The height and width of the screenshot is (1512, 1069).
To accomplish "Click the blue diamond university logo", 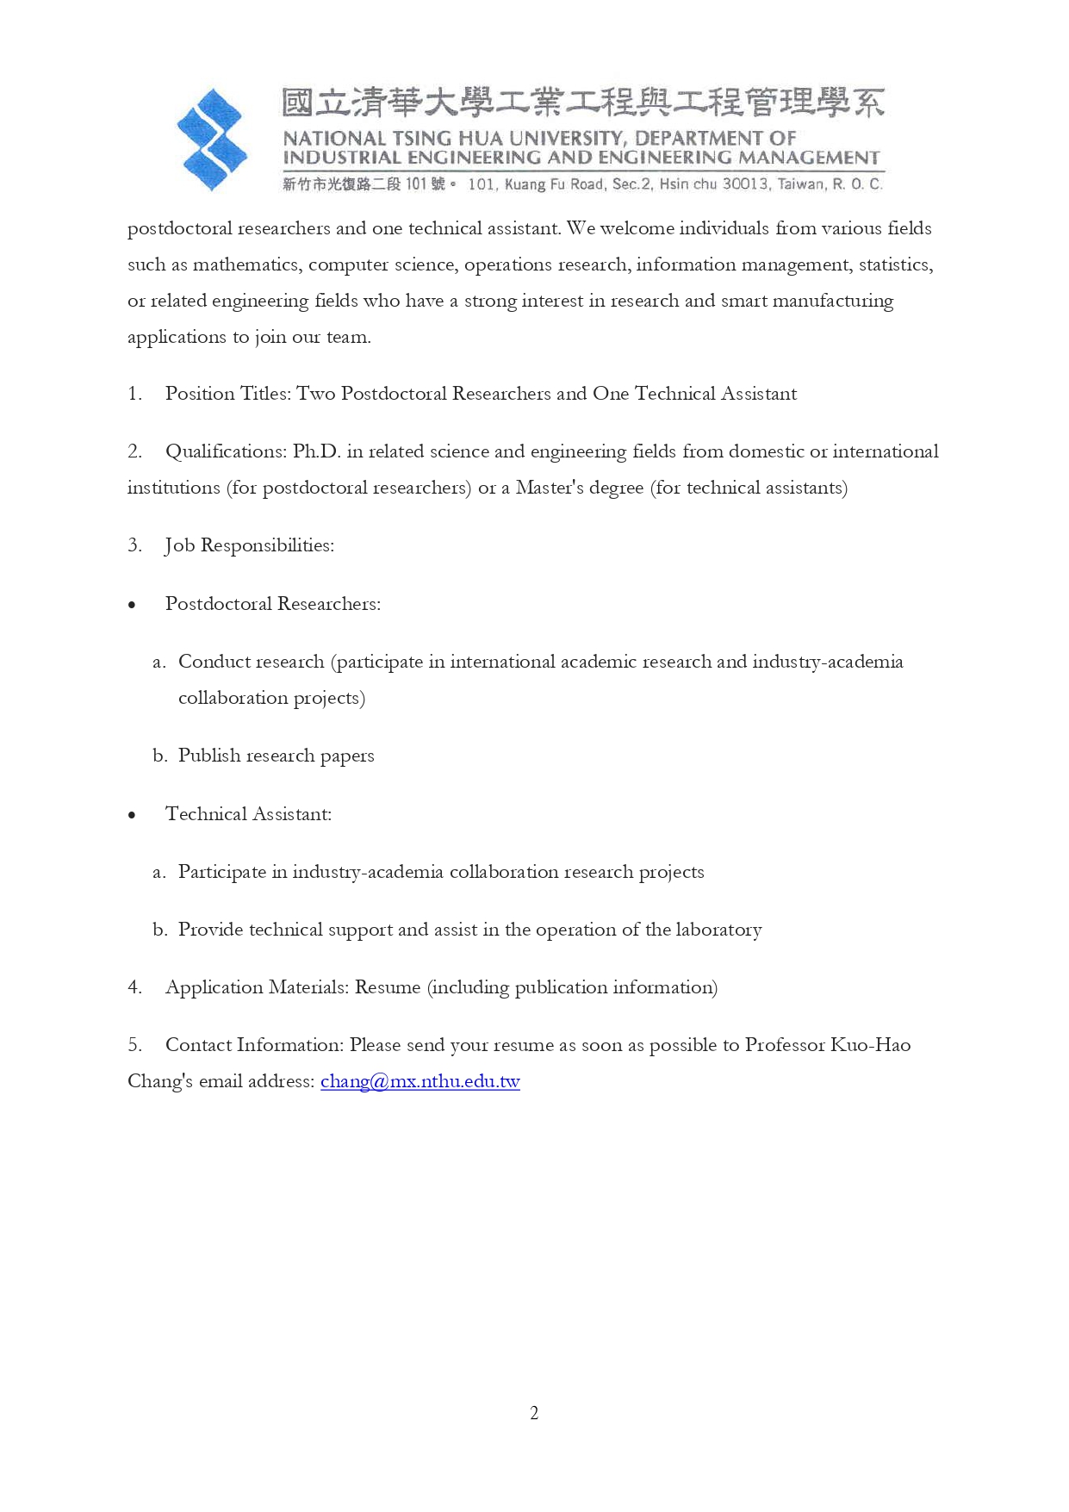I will (x=212, y=140).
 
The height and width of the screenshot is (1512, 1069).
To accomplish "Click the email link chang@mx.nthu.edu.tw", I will (x=420, y=1081).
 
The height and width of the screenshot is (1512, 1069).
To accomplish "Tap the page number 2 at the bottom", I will (x=534, y=1413).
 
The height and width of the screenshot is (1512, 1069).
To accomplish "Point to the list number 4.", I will (x=134, y=987).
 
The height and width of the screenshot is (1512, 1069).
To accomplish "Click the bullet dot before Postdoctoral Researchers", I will (x=132, y=605).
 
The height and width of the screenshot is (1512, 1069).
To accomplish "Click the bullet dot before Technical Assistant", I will (x=132, y=815).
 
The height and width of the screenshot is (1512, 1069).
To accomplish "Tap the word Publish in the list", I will (x=209, y=756).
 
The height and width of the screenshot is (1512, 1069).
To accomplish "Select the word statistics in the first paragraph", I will (x=895, y=264).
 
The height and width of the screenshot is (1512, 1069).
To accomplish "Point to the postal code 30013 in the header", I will (x=745, y=184).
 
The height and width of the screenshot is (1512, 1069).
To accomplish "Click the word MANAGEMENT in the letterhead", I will (x=809, y=158).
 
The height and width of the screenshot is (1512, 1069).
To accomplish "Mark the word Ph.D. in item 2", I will (x=317, y=451).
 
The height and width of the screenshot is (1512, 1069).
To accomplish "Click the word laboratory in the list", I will (x=718, y=930).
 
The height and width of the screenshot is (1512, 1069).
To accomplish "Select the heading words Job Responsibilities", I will (x=249, y=545).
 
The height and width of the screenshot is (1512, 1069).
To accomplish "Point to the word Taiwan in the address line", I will (x=800, y=184).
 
